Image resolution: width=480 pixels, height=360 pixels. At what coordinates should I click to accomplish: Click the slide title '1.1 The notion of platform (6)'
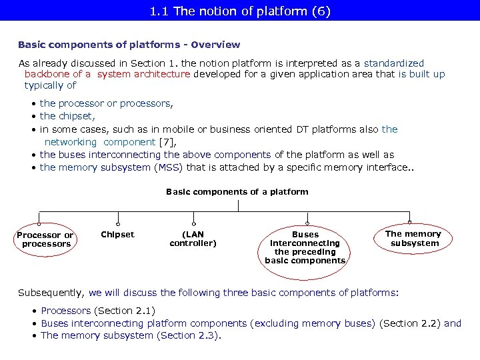239,11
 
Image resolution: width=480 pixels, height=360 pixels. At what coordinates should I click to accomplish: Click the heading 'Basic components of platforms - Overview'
129,45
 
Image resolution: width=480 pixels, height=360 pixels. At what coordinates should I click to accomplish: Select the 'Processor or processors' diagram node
45,239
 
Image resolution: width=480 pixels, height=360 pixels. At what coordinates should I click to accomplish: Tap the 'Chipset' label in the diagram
117,234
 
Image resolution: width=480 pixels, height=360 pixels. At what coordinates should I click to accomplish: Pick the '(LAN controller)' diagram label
193,239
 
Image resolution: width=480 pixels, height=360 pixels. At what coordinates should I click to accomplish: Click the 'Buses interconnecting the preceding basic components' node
305,247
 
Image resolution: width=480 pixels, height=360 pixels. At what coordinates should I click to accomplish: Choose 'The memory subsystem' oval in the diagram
413,238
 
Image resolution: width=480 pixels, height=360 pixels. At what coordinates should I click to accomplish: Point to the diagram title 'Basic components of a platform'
237,192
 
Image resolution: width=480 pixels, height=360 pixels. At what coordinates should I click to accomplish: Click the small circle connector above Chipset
118,223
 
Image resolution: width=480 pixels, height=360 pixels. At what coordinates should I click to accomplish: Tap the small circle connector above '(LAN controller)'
193,223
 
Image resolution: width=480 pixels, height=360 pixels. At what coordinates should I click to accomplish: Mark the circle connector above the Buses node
307,223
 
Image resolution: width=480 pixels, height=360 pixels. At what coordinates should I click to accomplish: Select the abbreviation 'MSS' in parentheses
165,167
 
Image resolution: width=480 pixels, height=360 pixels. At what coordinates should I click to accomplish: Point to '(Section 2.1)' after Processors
125,311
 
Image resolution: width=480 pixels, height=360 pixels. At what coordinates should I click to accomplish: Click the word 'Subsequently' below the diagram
51,292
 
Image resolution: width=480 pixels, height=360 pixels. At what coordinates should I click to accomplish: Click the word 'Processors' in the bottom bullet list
65,311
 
